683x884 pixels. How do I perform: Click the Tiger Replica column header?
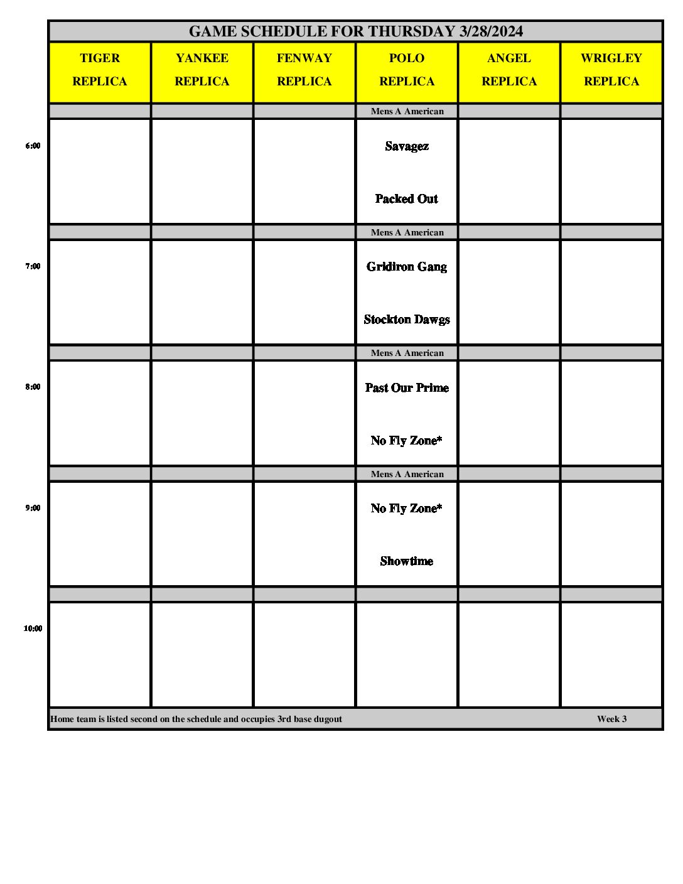[x=100, y=70]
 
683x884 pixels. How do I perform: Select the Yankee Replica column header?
[x=202, y=70]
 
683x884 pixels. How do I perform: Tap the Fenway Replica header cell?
[x=304, y=70]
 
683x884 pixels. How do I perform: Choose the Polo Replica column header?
[x=407, y=70]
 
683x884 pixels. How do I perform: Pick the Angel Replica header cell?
[x=509, y=70]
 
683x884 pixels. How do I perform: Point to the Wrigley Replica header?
[x=611, y=70]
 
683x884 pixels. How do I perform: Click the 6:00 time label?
[x=33, y=146]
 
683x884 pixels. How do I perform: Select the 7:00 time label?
[x=33, y=266]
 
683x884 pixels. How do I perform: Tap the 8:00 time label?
[x=33, y=387]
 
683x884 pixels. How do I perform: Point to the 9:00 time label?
[x=33, y=508]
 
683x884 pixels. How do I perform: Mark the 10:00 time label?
[x=33, y=628]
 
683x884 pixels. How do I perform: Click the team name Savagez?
[x=407, y=146]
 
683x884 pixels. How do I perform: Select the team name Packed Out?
[x=407, y=199]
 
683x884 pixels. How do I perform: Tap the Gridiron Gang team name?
[x=407, y=267]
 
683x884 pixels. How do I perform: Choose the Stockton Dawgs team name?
[x=407, y=320]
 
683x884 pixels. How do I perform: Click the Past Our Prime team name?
[x=407, y=388]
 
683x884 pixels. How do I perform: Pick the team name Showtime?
[x=407, y=561]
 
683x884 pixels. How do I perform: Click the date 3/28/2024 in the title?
[x=491, y=31]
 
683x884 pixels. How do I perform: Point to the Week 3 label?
[x=611, y=719]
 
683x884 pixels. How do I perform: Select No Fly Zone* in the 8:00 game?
[x=407, y=441]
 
